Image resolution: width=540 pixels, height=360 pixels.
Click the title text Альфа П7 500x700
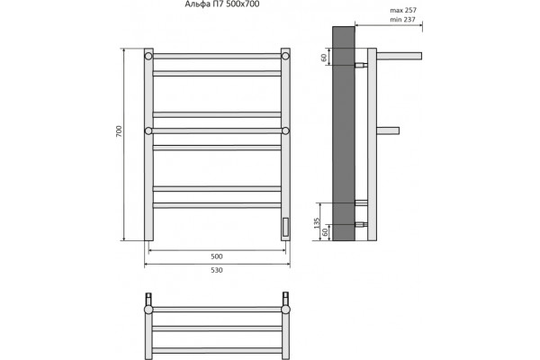pyautogui.click(x=222, y=4)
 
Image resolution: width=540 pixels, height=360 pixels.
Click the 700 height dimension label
pyautogui.click(x=119, y=131)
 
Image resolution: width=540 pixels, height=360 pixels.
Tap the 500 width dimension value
pyautogui.click(x=217, y=256)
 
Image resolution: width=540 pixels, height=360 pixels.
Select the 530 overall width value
pyautogui.click(x=217, y=270)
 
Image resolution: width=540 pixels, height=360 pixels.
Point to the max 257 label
pyautogui.click(x=403, y=10)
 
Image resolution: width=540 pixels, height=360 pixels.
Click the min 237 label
pyautogui.click(x=402, y=20)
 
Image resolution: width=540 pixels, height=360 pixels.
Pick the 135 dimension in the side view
pyautogui.click(x=317, y=223)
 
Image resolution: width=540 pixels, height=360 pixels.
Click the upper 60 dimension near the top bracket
pyautogui.click(x=324, y=58)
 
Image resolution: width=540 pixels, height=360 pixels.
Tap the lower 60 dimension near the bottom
pyautogui.click(x=325, y=232)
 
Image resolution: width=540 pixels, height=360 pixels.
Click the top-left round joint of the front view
pyautogui.click(x=148, y=56)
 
